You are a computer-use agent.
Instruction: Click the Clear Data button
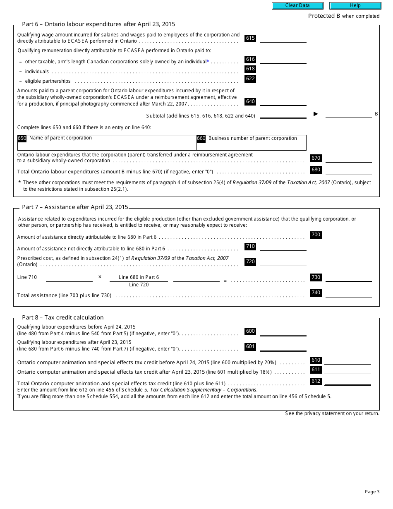tap(297, 5)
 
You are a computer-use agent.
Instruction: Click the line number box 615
tap(250, 38)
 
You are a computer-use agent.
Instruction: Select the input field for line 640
tap(283, 101)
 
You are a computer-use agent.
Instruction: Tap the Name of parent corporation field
tap(107, 143)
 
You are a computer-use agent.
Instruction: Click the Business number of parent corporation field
tap(252, 143)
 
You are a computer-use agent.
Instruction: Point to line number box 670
tap(316, 158)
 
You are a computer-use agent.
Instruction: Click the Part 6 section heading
tap(98, 24)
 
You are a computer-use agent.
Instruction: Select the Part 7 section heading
tap(75, 207)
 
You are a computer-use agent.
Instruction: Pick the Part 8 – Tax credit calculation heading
tap(63, 317)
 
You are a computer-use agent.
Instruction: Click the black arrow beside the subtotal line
tap(316, 114)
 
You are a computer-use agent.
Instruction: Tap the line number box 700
tap(316, 235)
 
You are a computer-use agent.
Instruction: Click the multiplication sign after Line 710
tap(100, 277)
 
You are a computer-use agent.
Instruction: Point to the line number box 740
tap(316, 293)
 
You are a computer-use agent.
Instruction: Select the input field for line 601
tap(283, 346)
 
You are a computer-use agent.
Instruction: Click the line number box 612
tap(316, 381)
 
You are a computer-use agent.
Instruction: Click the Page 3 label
tap(372, 492)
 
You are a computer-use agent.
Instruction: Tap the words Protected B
tap(321, 16)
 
